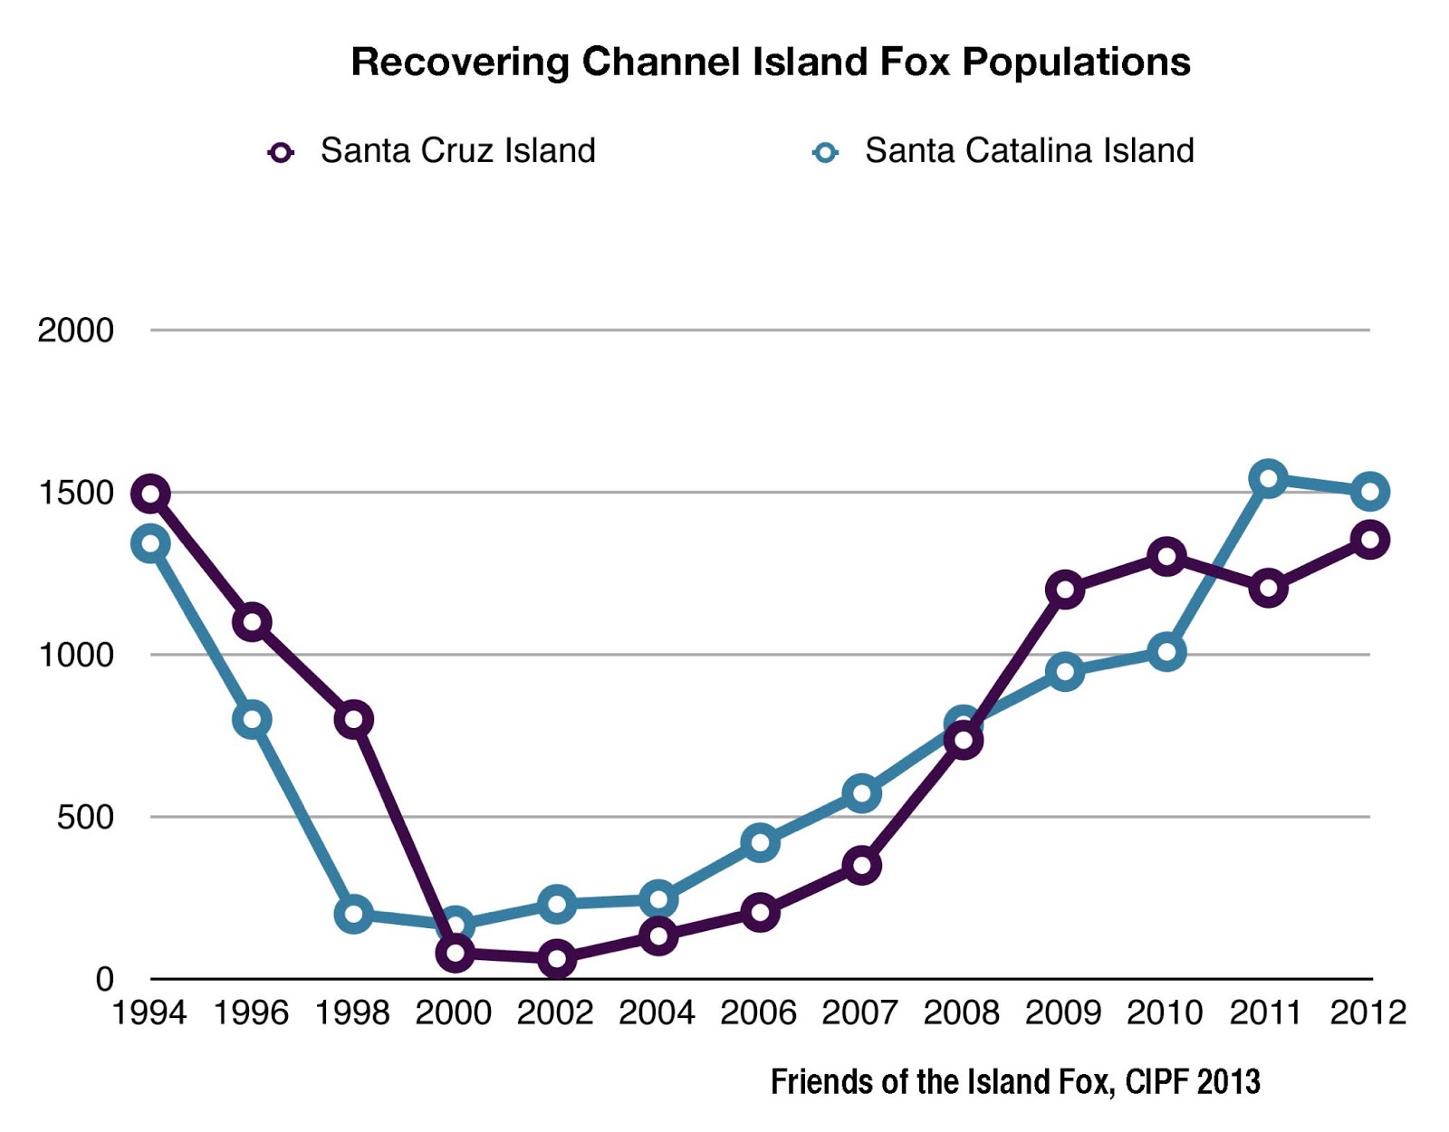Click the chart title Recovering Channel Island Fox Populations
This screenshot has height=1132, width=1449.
770,62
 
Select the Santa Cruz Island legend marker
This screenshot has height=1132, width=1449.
281,152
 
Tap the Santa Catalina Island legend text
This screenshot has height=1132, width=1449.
1029,150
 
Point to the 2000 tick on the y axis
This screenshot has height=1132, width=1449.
75,331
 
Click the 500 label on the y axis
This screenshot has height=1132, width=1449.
85,818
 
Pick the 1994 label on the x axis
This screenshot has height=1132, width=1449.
149,1012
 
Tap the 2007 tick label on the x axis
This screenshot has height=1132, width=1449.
859,1012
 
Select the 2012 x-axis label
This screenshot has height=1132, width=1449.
1367,1012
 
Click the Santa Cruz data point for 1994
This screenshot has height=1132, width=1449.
150,494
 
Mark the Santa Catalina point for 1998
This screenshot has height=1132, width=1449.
353,913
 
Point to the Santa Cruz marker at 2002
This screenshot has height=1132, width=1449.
557,958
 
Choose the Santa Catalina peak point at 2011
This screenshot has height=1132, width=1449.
1268,478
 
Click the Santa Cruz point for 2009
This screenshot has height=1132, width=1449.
1065,590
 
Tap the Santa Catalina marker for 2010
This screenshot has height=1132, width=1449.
1166,652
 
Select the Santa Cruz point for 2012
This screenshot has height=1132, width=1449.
1369,540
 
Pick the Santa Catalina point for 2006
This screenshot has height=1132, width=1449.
760,842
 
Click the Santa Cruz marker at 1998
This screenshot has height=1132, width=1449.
353,719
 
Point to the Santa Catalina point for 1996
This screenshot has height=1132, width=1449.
252,719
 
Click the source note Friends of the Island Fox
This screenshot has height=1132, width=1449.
1014,1081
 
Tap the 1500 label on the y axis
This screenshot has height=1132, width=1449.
75,494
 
